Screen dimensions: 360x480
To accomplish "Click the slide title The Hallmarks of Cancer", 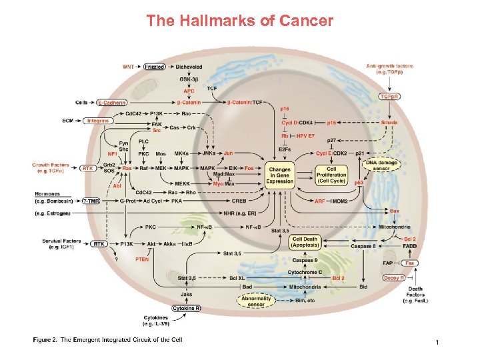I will [240, 21].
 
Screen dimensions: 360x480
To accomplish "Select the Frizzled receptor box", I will [155, 67].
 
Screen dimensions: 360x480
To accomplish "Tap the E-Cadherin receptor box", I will [113, 103].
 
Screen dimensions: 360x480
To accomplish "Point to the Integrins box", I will [98, 121].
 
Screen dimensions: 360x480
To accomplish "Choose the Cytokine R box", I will [187, 308].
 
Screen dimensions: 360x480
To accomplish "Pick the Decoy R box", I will [394, 278].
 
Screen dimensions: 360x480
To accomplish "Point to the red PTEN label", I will [142, 259].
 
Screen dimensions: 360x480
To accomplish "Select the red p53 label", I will [358, 181].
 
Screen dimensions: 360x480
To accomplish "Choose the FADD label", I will [409, 246].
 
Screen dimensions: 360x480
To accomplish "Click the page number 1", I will [436, 342].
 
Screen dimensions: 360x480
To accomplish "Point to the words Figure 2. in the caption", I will [45, 339].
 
